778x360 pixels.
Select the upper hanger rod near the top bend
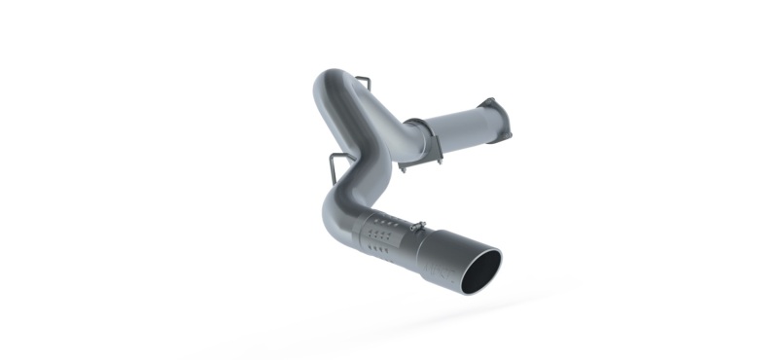pyautogui.click(x=359, y=77)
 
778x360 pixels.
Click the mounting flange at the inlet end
pyautogui.click(x=487, y=112)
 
